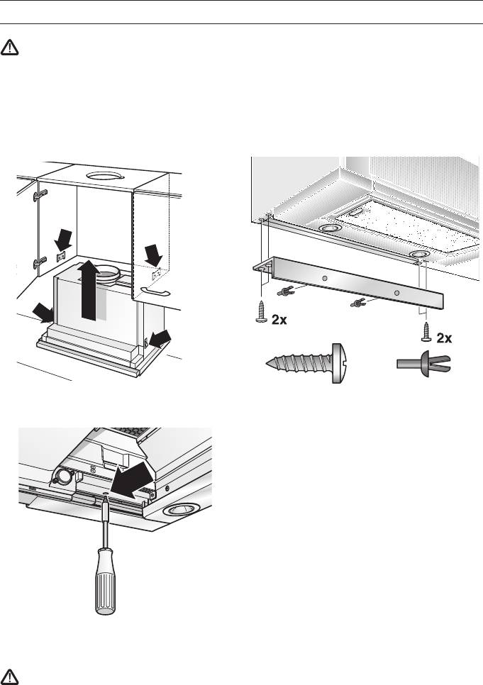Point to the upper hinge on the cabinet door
tap(40, 194)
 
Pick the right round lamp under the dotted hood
tap(419, 253)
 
